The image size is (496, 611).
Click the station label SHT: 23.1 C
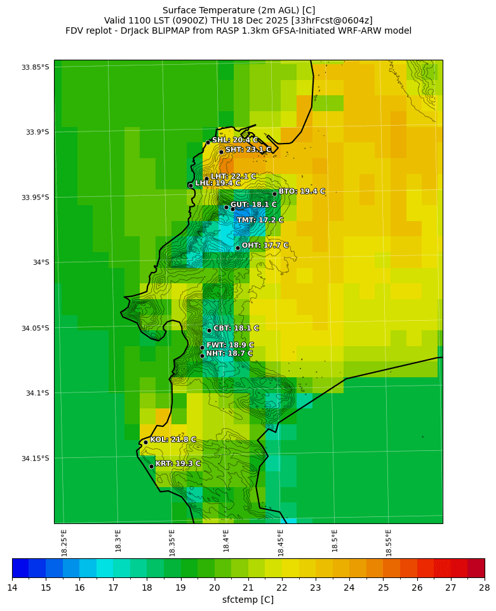[x=248, y=150]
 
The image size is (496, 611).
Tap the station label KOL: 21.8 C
[x=173, y=440]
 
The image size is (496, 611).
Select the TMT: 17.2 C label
[x=260, y=220]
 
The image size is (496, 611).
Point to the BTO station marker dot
[x=274, y=194]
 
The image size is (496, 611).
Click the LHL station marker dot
[x=191, y=185]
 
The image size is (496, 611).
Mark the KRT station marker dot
[x=151, y=466]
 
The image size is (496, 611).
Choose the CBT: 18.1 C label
[x=236, y=328]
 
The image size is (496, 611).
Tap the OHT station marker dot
[x=238, y=248]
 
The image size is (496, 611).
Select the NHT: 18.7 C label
[x=229, y=354]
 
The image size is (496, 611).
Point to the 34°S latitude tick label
[x=36, y=262]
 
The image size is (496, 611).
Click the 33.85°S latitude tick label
[x=36, y=67]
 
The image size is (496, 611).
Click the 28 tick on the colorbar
[x=484, y=587]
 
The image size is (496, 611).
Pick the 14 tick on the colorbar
[x=12, y=587]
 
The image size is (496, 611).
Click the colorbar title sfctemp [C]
[x=248, y=600]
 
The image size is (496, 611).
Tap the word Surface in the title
[x=180, y=10]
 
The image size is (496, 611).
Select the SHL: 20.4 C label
[x=235, y=140]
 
